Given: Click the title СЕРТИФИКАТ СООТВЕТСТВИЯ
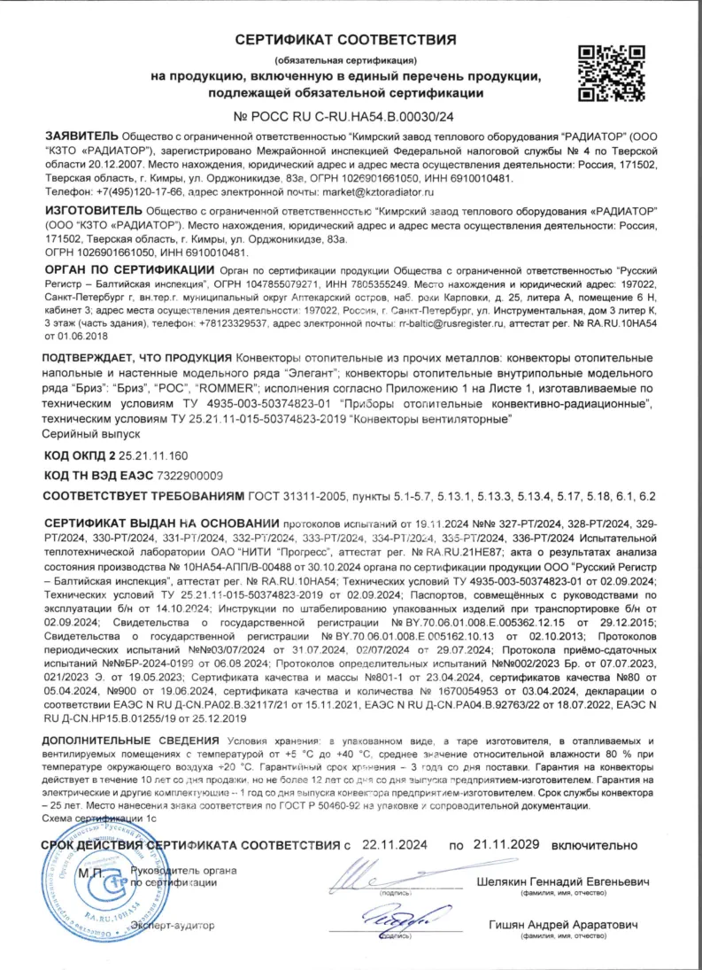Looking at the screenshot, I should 346,41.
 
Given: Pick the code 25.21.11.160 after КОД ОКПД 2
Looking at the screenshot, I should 154,455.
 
